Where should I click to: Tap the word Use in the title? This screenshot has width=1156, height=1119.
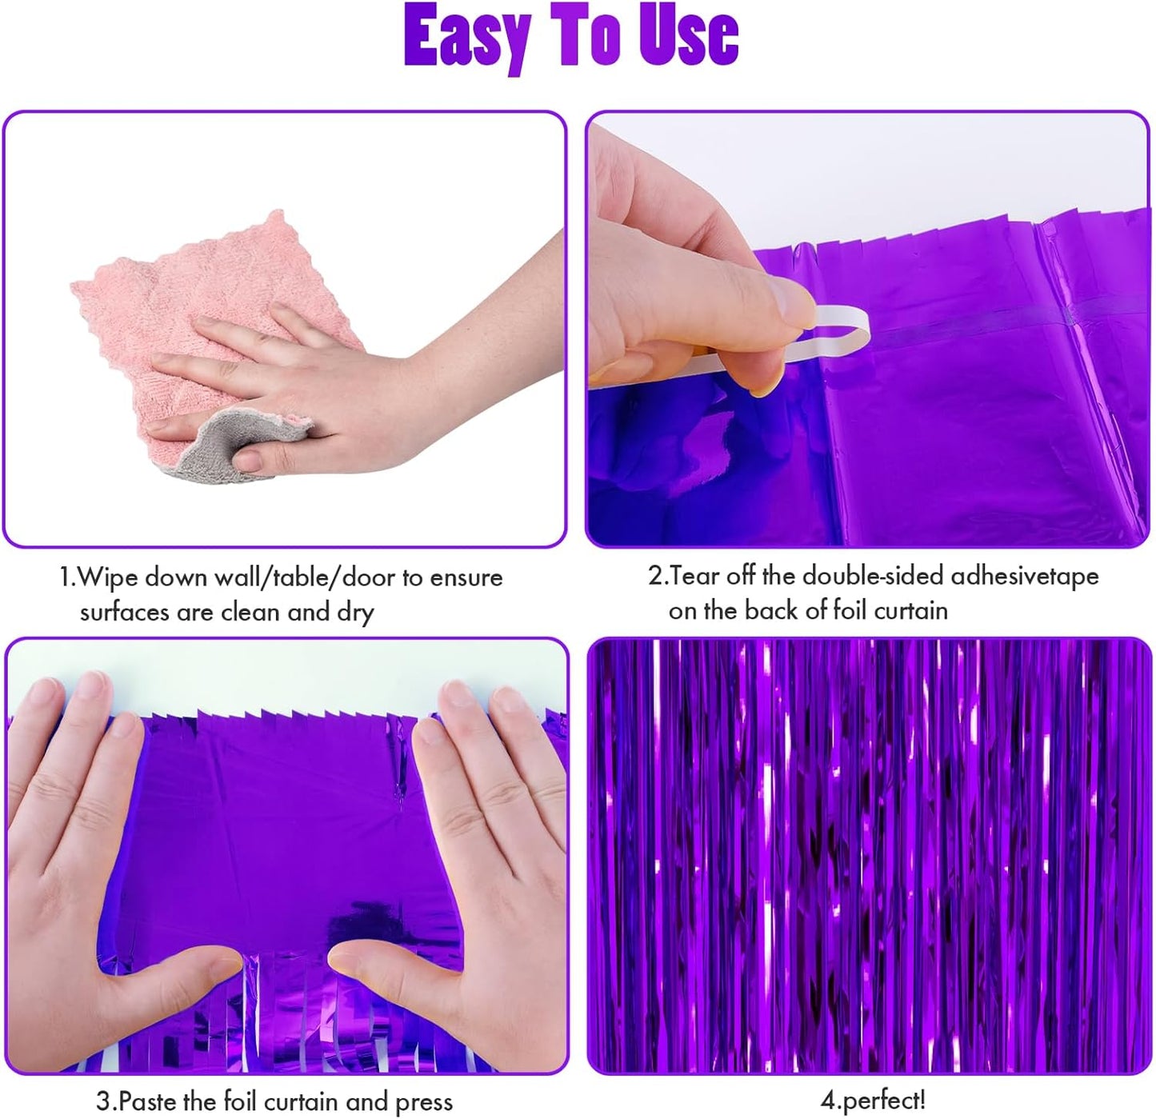tap(688, 36)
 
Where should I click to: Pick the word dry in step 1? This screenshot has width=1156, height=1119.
tap(355, 613)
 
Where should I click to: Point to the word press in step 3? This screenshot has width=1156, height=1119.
tap(423, 1101)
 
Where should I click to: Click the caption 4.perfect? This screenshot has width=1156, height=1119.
tap(873, 1101)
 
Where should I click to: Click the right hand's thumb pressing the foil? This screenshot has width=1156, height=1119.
tap(376, 960)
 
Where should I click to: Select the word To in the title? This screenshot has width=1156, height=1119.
tap(585, 36)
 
